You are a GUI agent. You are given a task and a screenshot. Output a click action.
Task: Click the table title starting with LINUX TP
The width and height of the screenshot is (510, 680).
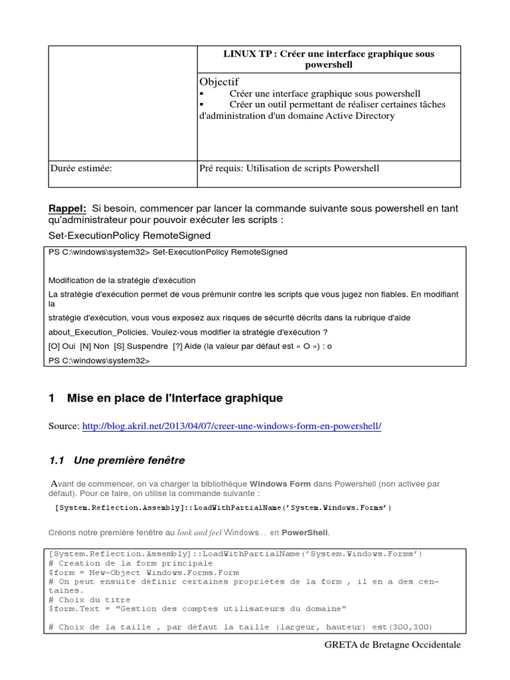pos(328,59)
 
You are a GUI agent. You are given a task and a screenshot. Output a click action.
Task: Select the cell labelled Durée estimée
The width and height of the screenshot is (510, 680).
pos(81,169)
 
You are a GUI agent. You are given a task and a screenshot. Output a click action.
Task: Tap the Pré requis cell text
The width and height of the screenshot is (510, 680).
pos(289,169)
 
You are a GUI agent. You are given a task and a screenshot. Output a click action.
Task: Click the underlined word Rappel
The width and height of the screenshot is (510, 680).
pos(68,209)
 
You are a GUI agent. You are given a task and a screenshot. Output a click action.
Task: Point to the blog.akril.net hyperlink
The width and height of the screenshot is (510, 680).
pos(232,426)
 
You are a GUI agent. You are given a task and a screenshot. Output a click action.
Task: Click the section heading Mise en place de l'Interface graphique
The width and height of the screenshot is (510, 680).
pos(175,398)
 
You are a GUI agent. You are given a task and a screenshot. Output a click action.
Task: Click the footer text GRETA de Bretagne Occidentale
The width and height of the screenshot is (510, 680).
pos(392,645)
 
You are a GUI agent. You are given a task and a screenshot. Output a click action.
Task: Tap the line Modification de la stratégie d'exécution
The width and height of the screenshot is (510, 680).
pos(122,280)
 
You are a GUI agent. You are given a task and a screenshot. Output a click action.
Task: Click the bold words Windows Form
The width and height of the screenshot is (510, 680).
pos(278,484)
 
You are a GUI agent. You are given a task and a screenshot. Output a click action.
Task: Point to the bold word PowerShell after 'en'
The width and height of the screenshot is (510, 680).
pos(305,533)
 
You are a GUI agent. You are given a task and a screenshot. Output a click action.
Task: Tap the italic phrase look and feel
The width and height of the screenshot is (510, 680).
pos(199,533)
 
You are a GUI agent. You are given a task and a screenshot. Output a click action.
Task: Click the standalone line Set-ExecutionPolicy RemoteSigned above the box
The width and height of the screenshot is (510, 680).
pos(129,236)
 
